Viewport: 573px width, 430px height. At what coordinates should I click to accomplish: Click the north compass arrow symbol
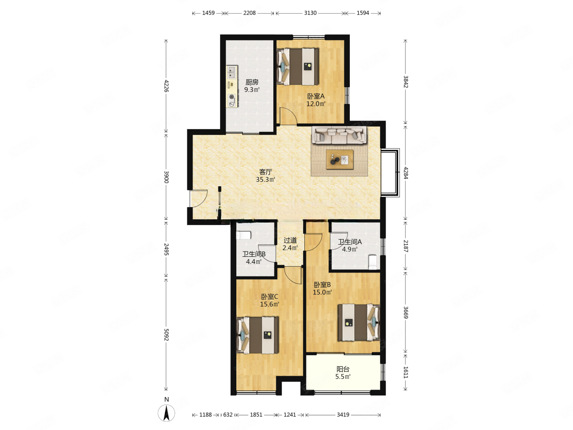tap(166, 413)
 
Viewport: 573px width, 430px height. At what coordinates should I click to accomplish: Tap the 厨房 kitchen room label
tap(252, 82)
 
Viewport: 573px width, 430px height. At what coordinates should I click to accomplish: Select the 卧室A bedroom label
tap(316, 96)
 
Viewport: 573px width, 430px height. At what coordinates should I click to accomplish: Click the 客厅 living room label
tap(265, 172)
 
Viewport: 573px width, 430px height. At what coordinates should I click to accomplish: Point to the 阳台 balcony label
tap(343, 369)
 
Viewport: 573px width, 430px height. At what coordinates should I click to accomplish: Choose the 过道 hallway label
tap(290, 240)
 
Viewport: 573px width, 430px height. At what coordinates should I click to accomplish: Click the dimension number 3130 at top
tap(310, 13)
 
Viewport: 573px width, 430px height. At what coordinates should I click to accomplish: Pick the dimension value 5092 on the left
tap(166, 334)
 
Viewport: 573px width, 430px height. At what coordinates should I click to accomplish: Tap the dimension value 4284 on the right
tap(405, 173)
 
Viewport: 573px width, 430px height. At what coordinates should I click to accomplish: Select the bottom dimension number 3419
tap(343, 414)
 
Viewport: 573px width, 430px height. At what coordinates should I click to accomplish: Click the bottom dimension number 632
tap(228, 414)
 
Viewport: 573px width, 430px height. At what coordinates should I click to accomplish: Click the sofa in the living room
tap(339, 135)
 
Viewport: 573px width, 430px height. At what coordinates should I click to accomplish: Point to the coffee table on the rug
tap(340, 159)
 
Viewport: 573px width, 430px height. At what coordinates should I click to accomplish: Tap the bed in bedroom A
tap(298, 66)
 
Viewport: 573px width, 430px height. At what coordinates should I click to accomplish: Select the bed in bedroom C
tap(257, 335)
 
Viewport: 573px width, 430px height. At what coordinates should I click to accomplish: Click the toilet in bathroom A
tap(373, 262)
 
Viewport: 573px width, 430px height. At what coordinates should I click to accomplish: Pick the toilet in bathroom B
tap(244, 235)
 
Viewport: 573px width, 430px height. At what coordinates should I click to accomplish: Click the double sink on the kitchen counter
tap(49, 72)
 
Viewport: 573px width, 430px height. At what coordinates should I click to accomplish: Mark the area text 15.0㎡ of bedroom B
tap(322, 292)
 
